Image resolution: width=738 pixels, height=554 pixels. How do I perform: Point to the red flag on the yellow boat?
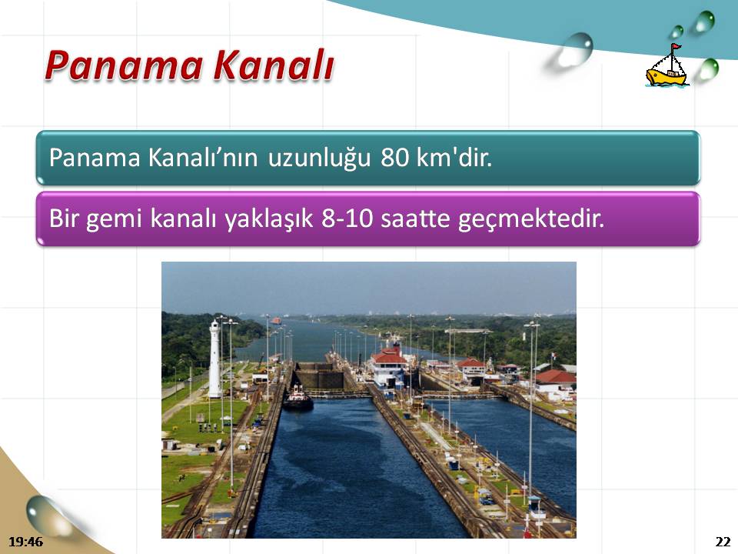[x=676, y=47]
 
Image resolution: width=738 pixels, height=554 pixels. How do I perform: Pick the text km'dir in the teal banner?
[x=454, y=157]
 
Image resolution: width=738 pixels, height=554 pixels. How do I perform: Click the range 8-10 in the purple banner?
[x=347, y=219]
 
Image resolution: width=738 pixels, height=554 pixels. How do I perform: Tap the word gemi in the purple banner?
[x=114, y=219]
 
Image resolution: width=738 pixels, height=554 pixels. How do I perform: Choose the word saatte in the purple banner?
[x=415, y=219]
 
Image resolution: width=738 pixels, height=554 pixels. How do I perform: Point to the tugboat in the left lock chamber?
[x=298, y=398]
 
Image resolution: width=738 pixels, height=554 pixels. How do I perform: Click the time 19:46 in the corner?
[x=25, y=542]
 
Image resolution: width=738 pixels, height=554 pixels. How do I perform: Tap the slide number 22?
[x=723, y=542]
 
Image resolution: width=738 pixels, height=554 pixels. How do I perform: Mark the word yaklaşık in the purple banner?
[x=269, y=219]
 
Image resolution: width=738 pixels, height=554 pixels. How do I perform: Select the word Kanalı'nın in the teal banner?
[x=203, y=158]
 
